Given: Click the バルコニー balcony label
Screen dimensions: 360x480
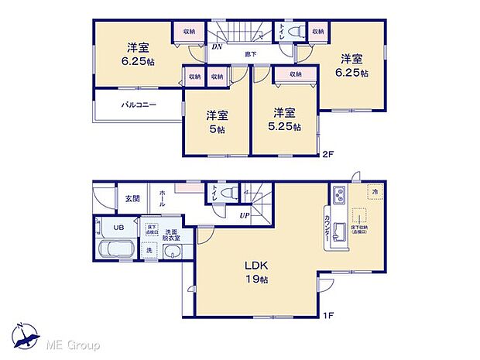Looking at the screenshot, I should coord(139,104).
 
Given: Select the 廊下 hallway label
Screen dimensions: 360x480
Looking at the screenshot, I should coord(251,53).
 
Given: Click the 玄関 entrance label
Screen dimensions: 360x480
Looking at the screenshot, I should coord(132,199).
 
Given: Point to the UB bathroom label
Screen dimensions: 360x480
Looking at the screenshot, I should coord(118,228).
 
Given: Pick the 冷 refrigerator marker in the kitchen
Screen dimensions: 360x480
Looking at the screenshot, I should coord(374,192).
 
